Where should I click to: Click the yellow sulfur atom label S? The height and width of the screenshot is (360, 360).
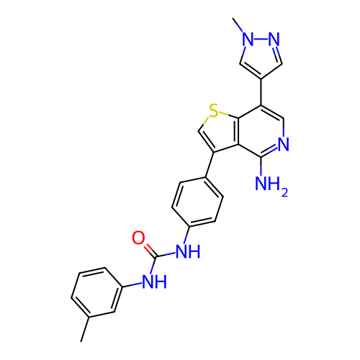213,111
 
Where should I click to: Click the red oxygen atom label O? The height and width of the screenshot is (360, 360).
138,238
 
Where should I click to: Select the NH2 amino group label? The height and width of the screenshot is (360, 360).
271,184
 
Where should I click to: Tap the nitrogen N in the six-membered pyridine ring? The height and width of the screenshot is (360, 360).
284,144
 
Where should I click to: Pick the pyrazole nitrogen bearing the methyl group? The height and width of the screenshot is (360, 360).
248,39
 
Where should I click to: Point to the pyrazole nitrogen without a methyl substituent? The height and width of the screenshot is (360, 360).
274,39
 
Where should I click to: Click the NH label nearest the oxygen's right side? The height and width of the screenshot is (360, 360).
188,251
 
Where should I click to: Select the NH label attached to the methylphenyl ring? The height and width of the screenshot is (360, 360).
155,282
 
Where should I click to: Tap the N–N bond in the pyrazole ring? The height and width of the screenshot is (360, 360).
261,39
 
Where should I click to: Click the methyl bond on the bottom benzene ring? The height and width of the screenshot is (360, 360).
85,329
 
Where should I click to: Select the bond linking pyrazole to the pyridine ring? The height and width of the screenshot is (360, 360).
261,92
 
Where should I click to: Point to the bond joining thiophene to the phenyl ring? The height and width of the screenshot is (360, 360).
210,165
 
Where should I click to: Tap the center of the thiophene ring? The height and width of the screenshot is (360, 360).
218,132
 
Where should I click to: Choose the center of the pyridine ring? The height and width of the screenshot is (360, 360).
261,131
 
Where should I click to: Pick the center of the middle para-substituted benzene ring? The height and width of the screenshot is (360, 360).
197,202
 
